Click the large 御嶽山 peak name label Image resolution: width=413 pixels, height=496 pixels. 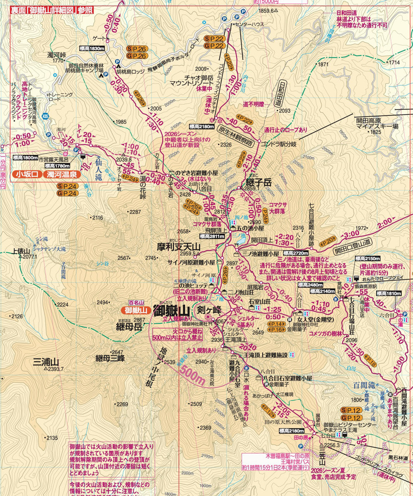point(171,310)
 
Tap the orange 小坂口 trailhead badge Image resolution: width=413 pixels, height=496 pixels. point(27,175)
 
